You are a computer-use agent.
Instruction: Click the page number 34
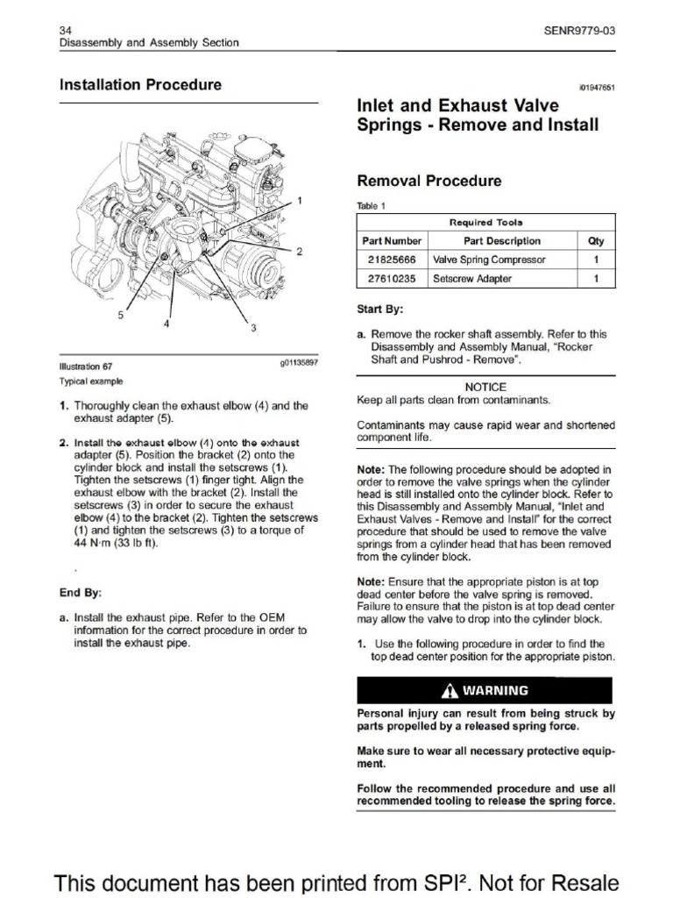coord(65,31)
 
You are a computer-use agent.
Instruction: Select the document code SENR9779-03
coord(580,31)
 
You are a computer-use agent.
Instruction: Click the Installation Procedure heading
coord(140,85)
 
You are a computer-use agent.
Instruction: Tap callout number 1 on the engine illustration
coord(300,201)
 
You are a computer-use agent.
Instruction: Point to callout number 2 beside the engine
coord(300,252)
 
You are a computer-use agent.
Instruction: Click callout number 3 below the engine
coord(253,328)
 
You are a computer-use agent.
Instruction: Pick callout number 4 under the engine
coord(165,323)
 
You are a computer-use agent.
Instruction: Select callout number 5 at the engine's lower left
coord(121,315)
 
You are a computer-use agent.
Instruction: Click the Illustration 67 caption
coord(86,367)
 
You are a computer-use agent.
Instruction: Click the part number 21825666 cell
coord(392,260)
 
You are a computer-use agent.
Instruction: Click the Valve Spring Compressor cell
coord(489,260)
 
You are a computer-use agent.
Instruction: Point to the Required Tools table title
coord(485,223)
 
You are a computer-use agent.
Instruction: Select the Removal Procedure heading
coord(429,181)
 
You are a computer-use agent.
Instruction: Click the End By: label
coord(81,592)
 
